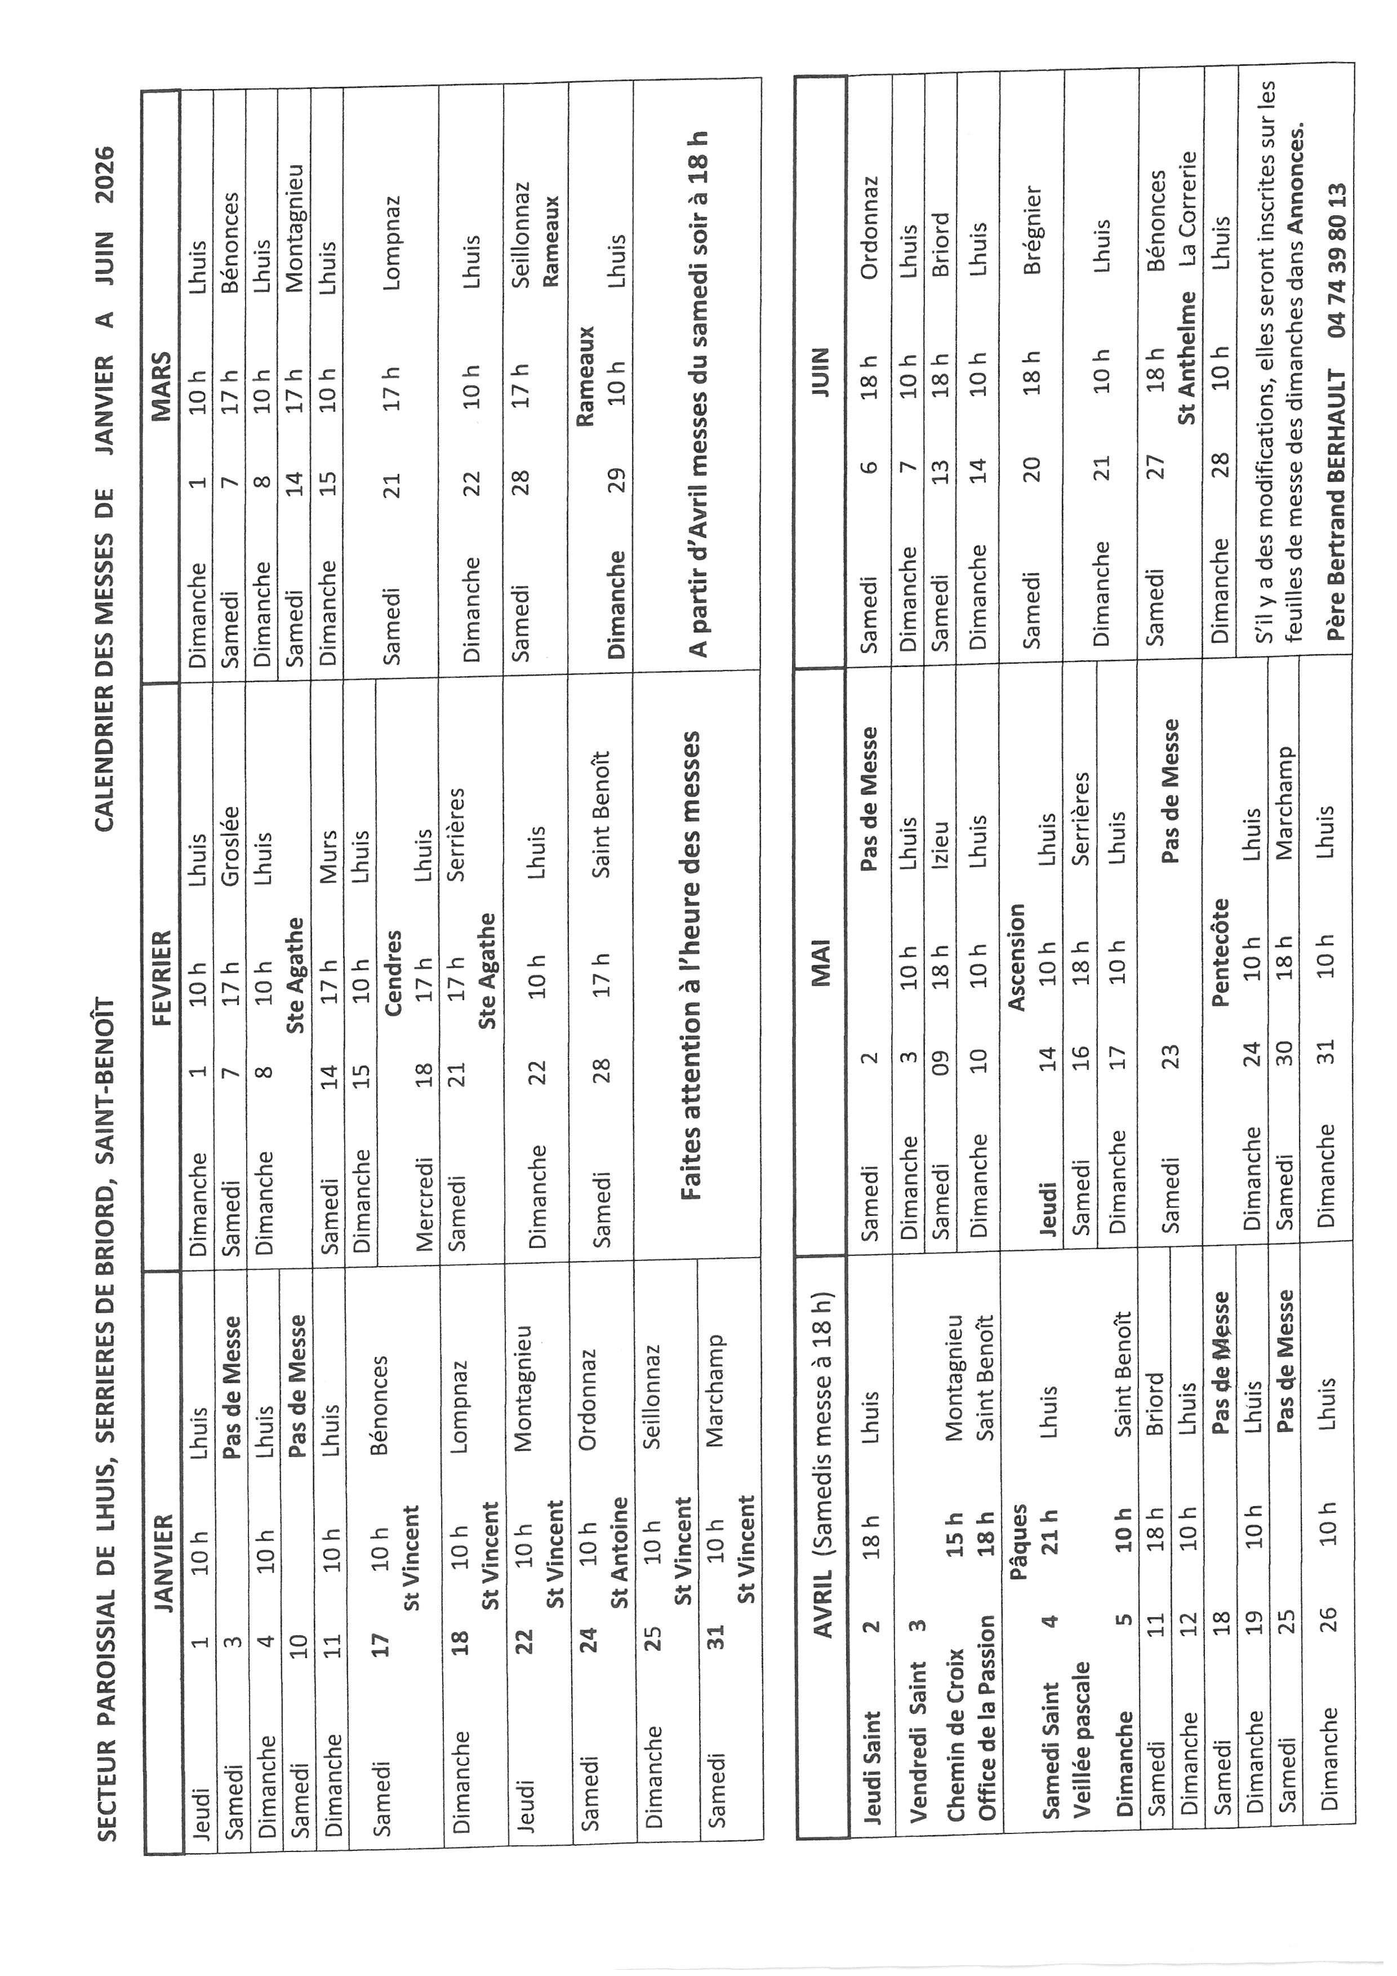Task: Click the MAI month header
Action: pos(821,961)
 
